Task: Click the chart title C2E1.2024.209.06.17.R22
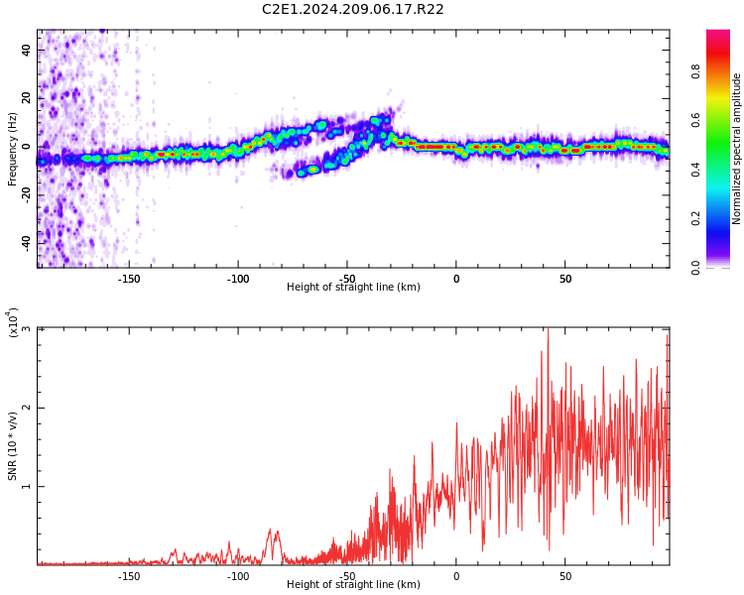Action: pyautogui.click(x=352, y=9)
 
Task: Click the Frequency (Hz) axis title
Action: pyautogui.click(x=12, y=150)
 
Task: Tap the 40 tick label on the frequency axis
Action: pyautogui.click(x=26, y=50)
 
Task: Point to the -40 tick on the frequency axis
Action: pyautogui.click(x=26, y=243)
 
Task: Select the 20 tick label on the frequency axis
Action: pyautogui.click(x=26, y=98)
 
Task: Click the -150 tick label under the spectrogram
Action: pyautogui.click(x=129, y=279)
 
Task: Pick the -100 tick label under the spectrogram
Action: pyautogui.click(x=238, y=279)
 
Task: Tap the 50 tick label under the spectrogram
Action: pyautogui.click(x=565, y=279)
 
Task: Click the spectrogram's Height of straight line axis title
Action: pyautogui.click(x=353, y=287)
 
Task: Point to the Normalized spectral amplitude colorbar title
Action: pyautogui.click(x=736, y=149)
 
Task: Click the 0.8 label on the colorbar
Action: pyautogui.click(x=695, y=71)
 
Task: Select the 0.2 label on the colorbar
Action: pyautogui.click(x=695, y=219)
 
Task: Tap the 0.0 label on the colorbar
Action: pyautogui.click(x=695, y=268)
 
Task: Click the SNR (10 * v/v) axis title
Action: pyautogui.click(x=12, y=446)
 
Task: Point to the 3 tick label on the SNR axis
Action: pyautogui.click(x=26, y=329)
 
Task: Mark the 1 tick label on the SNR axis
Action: pyautogui.click(x=26, y=486)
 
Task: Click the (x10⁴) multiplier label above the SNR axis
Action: pyautogui.click(x=13, y=322)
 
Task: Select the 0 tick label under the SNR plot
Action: pyautogui.click(x=456, y=576)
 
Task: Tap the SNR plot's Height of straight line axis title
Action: pyautogui.click(x=353, y=584)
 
